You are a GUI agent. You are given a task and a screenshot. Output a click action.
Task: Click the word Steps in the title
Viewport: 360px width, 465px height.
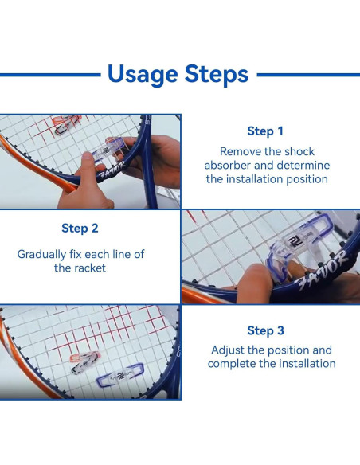click(214, 75)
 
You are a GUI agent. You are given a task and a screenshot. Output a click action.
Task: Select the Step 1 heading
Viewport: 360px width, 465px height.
click(265, 131)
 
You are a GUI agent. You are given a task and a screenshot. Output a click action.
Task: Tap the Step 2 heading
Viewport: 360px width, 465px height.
click(80, 229)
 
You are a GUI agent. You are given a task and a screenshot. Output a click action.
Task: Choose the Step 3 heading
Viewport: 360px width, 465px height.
click(265, 330)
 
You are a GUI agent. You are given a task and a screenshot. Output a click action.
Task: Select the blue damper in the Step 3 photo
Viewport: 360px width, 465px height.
click(123, 371)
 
